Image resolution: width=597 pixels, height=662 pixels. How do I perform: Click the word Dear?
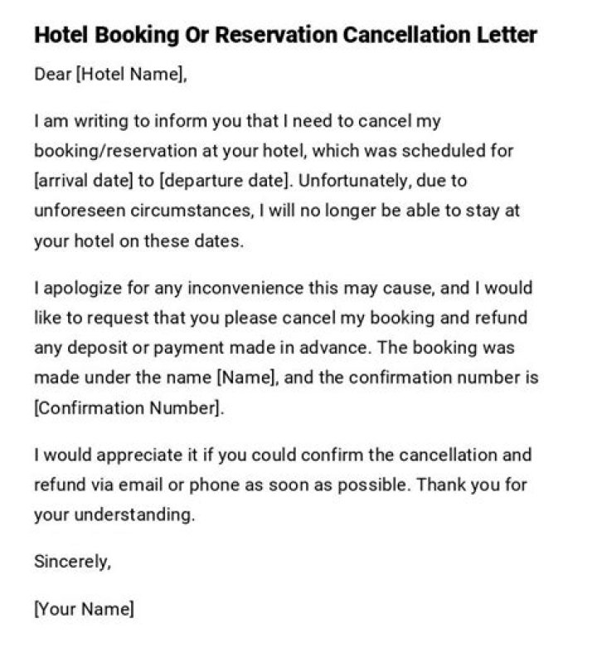(x=52, y=75)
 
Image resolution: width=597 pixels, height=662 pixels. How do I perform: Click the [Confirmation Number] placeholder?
(x=129, y=408)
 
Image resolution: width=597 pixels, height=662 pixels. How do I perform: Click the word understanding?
(x=134, y=515)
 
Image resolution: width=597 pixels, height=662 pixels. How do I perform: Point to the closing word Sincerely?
(x=72, y=562)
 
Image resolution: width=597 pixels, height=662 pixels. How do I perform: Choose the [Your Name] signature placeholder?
(x=84, y=609)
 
